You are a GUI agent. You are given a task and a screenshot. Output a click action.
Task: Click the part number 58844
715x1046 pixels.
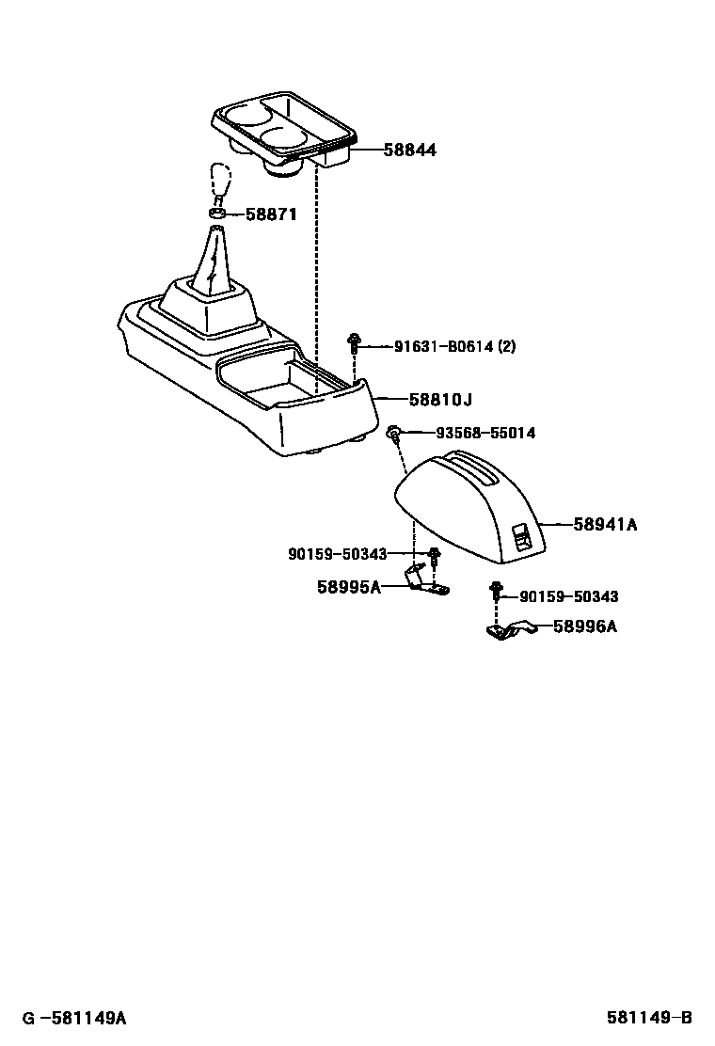(409, 151)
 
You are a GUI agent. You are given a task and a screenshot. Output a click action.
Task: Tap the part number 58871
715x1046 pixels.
(271, 214)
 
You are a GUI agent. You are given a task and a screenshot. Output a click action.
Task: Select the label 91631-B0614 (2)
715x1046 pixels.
(454, 347)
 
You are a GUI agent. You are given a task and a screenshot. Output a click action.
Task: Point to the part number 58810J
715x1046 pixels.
(439, 400)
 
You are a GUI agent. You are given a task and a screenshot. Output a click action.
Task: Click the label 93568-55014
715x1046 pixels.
(485, 434)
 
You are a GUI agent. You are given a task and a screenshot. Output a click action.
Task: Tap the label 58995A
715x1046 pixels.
(348, 588)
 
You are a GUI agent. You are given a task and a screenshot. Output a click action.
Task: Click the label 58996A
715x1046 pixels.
(584, 626)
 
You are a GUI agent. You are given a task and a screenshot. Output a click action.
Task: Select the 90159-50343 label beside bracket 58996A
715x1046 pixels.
(568, 596)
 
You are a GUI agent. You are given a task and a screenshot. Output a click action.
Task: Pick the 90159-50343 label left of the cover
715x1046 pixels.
(338, 555)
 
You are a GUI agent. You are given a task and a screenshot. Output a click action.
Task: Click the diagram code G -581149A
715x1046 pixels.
(74, 1018)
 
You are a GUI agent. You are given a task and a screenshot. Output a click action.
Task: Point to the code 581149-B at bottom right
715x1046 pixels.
(648, 1018)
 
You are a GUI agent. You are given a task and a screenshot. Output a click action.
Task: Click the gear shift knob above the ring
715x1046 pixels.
(220, 183)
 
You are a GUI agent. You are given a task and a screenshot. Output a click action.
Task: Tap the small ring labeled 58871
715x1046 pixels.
(215, 214)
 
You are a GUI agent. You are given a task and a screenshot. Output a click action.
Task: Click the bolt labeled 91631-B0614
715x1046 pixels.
(354, 344)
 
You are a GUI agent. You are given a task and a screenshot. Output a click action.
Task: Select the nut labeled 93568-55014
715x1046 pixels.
(395, 433)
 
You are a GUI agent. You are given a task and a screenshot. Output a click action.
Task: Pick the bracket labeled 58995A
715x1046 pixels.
(425, 582)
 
